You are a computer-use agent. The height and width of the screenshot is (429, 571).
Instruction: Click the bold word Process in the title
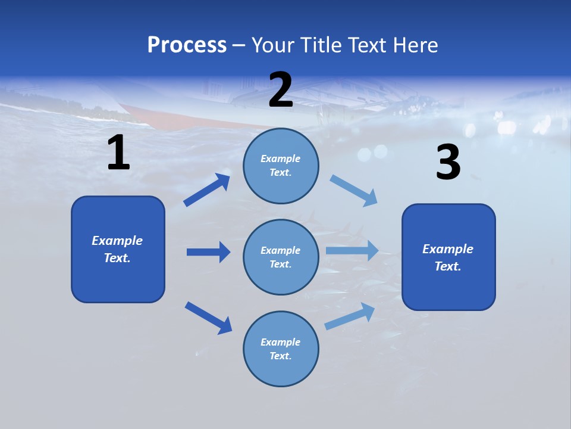pos(187,45)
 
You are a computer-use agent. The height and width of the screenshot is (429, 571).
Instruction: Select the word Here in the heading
pos(414,45)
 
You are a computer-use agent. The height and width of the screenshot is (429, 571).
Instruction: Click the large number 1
pos(118,153)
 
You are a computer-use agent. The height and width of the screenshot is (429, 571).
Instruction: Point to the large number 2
pos(281,90)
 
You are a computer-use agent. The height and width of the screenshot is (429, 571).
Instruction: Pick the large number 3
pos(448,162)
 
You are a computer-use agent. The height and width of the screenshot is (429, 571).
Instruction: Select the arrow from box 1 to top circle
pos(206,190)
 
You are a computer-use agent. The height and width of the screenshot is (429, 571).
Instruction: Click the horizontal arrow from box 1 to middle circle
pos(208,252)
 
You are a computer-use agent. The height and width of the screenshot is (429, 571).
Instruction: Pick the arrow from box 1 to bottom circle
pos(208,318)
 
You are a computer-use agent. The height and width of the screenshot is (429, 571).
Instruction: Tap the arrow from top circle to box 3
pos(354,191)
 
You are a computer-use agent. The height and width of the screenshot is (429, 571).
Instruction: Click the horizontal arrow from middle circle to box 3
pos(352,250)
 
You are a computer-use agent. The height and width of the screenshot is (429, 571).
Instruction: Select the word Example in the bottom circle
pos(281,342)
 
